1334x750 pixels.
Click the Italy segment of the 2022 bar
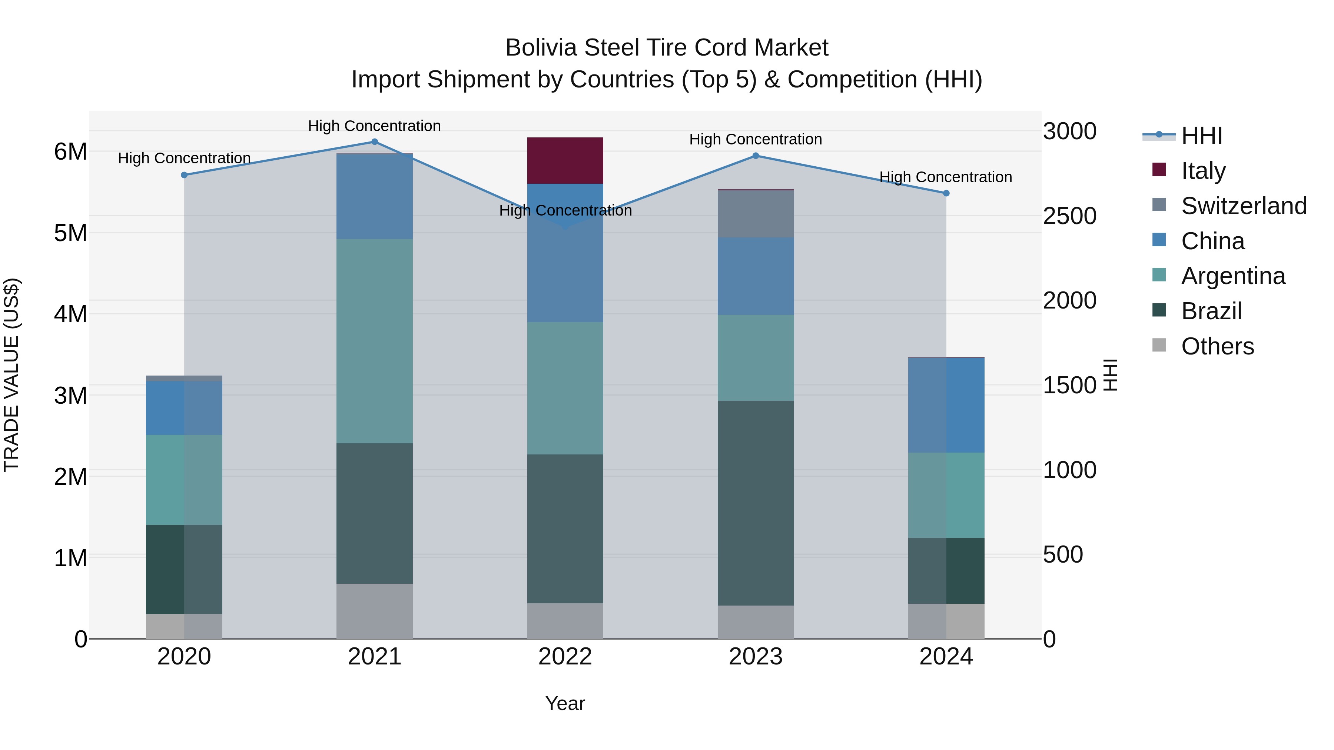coord(565,160)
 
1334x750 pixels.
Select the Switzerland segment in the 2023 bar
coord(756,214)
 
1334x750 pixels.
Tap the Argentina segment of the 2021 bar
coord(374,341)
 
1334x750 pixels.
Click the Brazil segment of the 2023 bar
coord(756,503)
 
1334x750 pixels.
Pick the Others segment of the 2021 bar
coord(374,611)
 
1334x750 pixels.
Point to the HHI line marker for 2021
coord(374,142)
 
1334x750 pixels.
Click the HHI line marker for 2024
coord(946,193)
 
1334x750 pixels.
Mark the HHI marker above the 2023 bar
coord(756,156)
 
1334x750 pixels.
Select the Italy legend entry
coord(1203,170)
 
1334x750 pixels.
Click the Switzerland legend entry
coord(1243,206)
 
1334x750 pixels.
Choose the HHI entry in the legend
coord(1201,136)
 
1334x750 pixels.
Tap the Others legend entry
coord(1217,346)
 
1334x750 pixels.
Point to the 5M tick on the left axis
coord(70,233)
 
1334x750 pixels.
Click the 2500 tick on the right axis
coord(1069,216)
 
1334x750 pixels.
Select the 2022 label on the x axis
coord(565,657)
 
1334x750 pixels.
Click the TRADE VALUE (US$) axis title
coord(11,375)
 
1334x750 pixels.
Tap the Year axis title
coord(565,703)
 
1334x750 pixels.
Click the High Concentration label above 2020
coord(185,158)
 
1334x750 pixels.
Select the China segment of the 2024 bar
coord(946,405)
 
